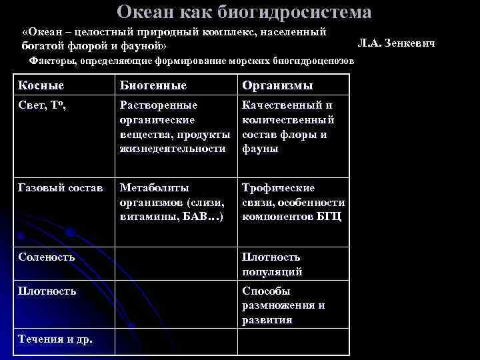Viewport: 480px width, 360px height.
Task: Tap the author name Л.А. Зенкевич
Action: point(396,43)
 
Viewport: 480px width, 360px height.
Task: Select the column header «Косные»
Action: point(41,85)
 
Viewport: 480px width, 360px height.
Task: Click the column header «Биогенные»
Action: point(153,85)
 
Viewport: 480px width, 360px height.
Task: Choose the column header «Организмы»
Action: point(277,85)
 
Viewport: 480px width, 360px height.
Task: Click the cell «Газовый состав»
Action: point(58,189)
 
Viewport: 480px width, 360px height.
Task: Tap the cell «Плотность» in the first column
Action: point(47,291)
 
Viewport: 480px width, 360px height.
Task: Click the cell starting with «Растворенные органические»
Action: point(175,127)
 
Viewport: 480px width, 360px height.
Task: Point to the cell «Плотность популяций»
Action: point(271,264)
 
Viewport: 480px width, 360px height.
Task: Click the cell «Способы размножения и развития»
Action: point(283,305)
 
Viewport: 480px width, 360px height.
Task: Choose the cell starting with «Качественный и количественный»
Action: point(288,127)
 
